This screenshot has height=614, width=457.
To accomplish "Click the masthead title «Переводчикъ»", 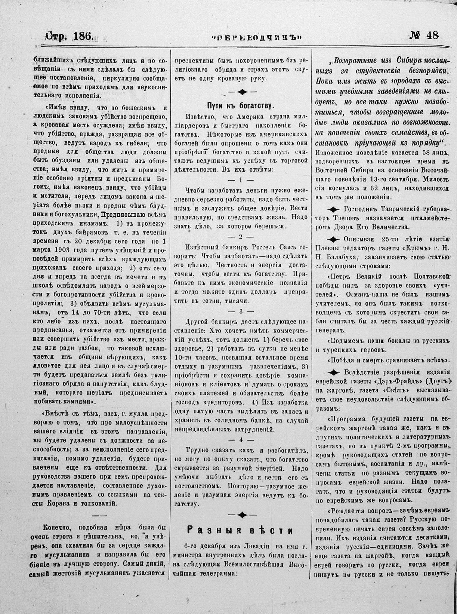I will pyautogui.click(x=256, y=37).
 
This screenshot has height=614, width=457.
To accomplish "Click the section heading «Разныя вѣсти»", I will pyautogui.click(x=240, y=530).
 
